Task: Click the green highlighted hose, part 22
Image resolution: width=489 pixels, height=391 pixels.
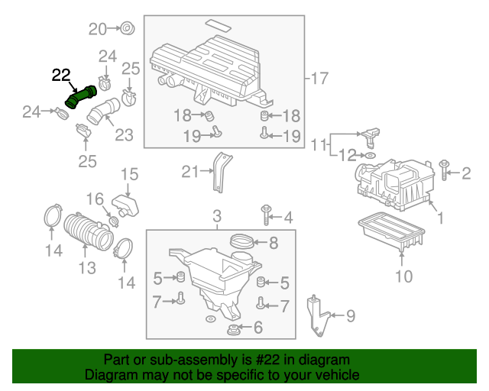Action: tap(81, 98)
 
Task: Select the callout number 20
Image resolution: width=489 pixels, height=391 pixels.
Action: tap(98, 29)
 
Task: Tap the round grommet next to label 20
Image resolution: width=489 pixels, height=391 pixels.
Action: tap(127, 29)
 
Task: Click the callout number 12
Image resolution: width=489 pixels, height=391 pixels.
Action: tap(347, 156)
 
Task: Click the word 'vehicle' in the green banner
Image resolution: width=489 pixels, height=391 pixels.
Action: tap(339, 376)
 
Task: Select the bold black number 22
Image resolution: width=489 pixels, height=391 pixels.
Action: tap(61, 75)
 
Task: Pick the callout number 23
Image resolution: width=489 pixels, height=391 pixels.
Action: tap(124, 135)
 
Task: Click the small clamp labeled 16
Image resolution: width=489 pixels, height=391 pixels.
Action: tap(114, 221)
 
